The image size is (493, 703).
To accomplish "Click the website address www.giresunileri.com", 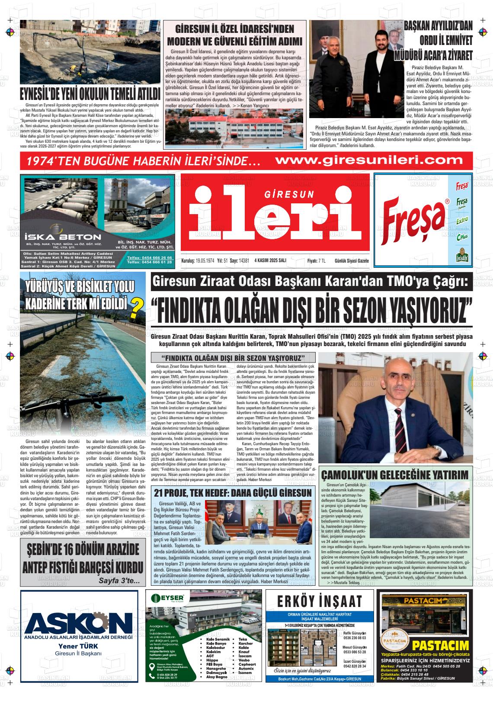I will tap(369, 160).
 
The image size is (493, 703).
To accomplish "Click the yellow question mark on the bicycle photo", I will tap(137, 305).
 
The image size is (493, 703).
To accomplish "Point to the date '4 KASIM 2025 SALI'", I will tap(270, 261).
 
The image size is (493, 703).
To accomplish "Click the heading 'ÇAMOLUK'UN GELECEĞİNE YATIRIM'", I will tap(395, 475).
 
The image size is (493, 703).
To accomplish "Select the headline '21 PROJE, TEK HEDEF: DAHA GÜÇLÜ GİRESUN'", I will tap(233, 493).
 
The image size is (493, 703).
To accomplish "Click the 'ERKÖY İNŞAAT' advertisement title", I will tap(320, 601).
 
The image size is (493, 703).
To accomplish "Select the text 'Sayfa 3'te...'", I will tap(119, 580).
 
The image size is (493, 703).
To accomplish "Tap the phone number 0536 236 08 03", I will tap(355, 637).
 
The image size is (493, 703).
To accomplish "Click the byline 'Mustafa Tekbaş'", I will tap(346, 583).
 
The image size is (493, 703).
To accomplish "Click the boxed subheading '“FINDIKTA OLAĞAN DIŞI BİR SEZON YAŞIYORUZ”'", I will tap(233, 358).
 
